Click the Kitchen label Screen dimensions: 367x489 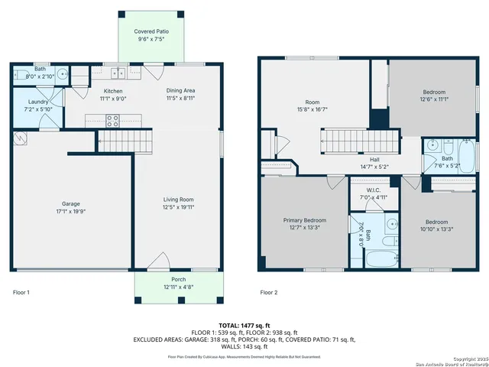(x=113, y=90)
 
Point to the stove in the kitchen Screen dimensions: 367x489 (x=112, y=120)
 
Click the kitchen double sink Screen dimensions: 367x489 (x=118, y=73)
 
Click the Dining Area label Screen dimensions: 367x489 (x=181, y=90)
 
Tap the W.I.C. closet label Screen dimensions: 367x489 (x=374, y=190)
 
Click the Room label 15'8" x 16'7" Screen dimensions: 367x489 (x=312, y=102)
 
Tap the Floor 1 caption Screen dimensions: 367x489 (x=21, y=292)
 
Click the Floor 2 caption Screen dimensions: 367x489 (x=268, y=292)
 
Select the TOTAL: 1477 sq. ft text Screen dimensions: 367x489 (x=244, y=325)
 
